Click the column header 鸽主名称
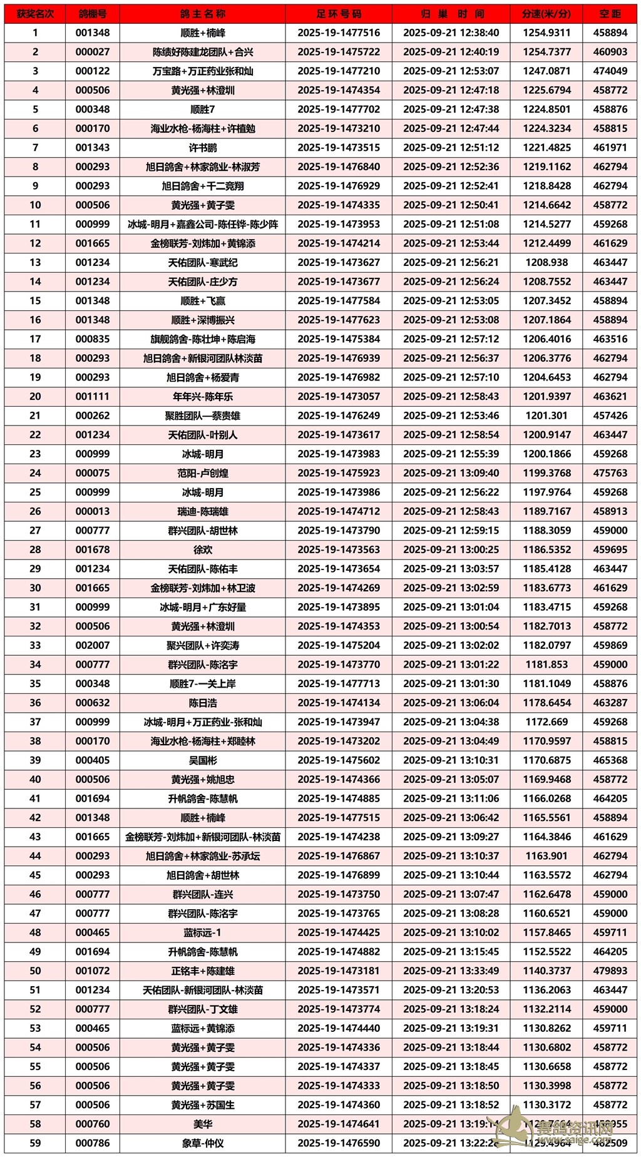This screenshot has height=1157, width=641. [x=202, y=14]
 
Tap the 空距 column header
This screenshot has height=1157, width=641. [x=610, y=14]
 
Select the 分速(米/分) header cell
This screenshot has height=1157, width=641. [x=546, y=14]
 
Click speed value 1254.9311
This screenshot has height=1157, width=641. [x=546, y=33]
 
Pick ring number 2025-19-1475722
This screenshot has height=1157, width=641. [x=339, y=52]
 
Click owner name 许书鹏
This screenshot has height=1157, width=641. [x=202, y=148]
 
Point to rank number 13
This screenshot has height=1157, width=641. [x=35, y=263]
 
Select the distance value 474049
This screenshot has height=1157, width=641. [x=610, y=71]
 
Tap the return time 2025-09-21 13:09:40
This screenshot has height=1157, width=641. [x=451, y=473]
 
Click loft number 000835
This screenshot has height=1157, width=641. [x=93, y=339]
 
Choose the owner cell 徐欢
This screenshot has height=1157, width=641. [x=202, y=550]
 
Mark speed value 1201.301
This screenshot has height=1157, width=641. [x=546, y=415]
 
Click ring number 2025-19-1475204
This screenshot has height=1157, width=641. [x=339, y=646]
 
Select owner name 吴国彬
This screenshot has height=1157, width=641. [x=202, y=760]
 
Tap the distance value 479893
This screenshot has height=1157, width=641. [x=610, y=971]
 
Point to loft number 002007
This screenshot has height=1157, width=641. [x=93, y=646]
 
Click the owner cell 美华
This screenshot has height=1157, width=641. [x=202, y=1124]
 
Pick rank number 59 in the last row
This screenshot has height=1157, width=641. [x=35, y=1143]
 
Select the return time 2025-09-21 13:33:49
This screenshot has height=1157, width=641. [x=451, y=971]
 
